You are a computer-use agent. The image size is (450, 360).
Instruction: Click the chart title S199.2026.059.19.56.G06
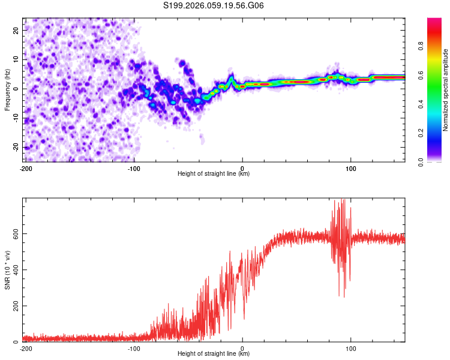(214, 5)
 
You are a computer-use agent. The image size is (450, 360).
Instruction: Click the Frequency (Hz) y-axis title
(7, 90)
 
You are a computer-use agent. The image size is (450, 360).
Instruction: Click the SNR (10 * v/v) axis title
(7, 269)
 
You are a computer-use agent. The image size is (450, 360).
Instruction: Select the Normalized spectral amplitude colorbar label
(445, 90)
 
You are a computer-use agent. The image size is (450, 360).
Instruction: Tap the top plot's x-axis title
(214, 173)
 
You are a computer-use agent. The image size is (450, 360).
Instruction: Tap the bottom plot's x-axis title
(214, 353)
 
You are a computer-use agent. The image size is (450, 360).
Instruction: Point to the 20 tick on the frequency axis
(16, 30)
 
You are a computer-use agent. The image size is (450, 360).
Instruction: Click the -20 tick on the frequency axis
(14, 148)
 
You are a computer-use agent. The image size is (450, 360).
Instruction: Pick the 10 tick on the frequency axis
(16, 59)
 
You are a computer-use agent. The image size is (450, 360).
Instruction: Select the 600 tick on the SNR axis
(13, 233)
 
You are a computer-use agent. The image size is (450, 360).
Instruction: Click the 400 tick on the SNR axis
(13, 269)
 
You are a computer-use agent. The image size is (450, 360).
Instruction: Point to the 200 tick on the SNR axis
(13, 306)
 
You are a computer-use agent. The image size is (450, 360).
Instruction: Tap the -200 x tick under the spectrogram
(26, 168)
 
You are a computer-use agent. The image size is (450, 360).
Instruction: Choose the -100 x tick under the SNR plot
(134, 348)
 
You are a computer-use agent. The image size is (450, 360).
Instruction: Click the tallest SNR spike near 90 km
(343, 200)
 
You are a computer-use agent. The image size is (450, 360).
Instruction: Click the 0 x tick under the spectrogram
(242, 168)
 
